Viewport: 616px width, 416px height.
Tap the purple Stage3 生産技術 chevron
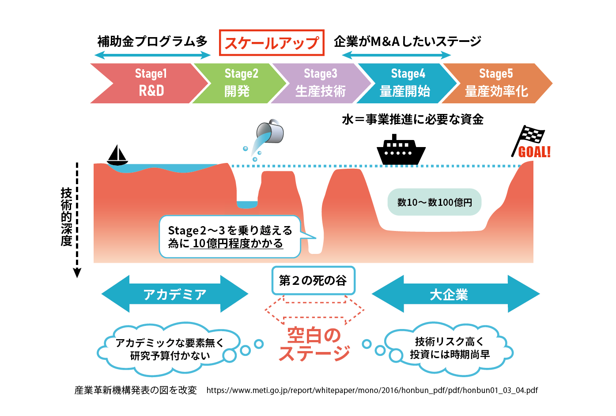click(x=321, y=83)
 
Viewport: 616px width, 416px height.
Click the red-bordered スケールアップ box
click(x=272, y=43)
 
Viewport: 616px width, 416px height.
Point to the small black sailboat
click(x=117, y=155)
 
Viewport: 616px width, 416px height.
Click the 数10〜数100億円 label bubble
click(x=434, y=202)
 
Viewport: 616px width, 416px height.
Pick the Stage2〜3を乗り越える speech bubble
click(x=230, y=237)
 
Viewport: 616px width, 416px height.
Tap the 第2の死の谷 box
click(x=313, y=280)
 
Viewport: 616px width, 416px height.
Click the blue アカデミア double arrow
click(x=175, y=294)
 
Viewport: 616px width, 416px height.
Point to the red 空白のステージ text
click(x=314, y=344)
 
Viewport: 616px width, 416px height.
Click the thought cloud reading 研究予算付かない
click(x=170, y=349)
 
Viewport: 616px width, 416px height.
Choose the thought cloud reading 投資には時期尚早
click(x=450, y=348)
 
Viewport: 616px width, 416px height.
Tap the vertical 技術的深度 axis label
click(x=66, y=217)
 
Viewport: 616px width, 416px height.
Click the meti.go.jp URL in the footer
click(x=372, y=390)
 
